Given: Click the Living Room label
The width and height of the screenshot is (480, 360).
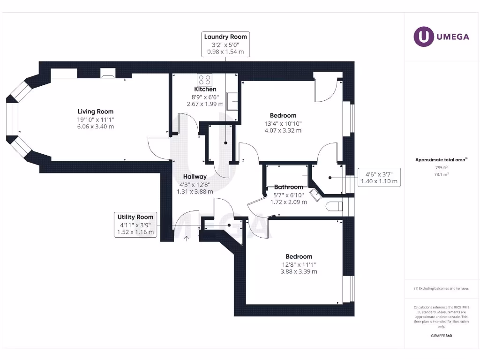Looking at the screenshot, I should tap(95, 112).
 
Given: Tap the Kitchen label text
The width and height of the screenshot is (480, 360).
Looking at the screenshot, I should tap(205, 89).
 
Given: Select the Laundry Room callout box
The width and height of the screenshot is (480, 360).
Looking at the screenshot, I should tap(225, 44).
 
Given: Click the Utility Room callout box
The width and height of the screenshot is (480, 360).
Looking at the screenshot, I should tap(135, 224).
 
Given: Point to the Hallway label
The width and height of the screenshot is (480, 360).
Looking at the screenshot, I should tap(195, 177).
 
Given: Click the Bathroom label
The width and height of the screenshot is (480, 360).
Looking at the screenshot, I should tap(289, 187).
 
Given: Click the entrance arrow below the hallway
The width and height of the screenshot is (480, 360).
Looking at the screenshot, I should tap(187, 239).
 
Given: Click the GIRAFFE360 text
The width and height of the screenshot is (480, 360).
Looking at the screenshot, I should tap(441, 336).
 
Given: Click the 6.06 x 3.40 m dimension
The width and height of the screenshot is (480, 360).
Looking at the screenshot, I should tap(95, 127).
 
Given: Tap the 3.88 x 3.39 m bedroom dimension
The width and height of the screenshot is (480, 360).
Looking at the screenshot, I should tap(299, 271).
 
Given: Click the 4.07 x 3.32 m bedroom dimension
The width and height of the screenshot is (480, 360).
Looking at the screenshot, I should tap(283, 130).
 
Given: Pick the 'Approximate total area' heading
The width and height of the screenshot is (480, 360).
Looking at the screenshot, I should tap(441, 160).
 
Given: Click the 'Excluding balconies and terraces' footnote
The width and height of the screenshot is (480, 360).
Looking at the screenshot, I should tap(441, 288).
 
